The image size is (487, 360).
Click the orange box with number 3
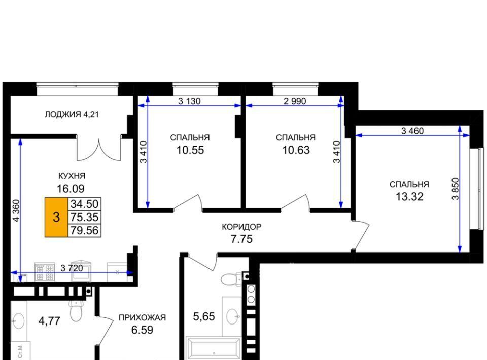click(56, 217)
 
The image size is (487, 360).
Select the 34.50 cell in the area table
click(85, 204)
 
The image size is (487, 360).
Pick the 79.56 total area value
click(85, 230)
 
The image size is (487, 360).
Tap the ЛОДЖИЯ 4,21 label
click(72, 114)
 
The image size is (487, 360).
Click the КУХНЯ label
click(72, 176)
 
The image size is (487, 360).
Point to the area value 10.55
click(190, 150)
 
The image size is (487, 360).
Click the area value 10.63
click(296, 150)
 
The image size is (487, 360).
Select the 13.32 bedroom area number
click(409, 196)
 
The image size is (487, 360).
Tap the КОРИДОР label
click(241, 227)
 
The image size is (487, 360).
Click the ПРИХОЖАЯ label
click(142, 317)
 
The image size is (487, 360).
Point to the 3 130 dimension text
click(189, 101)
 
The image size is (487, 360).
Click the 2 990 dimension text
click(295, 101)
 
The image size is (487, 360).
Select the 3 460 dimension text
click(412, 131)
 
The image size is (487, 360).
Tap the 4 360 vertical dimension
click(16, 210)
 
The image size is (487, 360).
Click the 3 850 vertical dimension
click(455, 189)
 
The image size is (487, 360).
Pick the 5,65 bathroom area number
click(204, 316)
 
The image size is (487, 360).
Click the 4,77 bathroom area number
click(49, 320)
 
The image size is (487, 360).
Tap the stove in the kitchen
click(45, 272)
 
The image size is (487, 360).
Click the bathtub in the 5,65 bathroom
click(214, 348)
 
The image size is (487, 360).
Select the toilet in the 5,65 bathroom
click(232, 278)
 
